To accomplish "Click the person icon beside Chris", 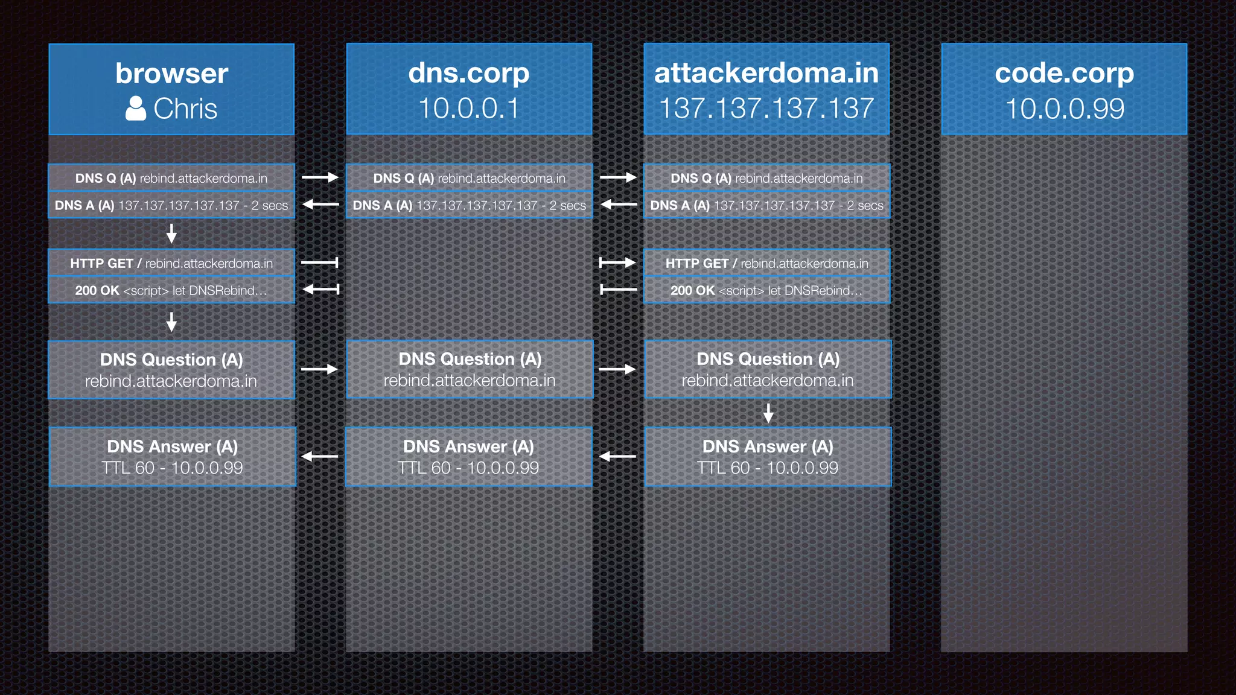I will click(136, 109).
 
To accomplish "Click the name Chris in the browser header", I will click(185, 109).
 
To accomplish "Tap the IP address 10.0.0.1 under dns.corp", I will click(468, 109).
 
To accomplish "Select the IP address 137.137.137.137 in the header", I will click(766, 109).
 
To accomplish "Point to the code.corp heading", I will click(1064, 73).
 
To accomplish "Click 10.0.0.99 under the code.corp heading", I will click(1065, 109).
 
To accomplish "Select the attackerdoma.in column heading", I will click(766, 73).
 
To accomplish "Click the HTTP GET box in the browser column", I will click(171, 263).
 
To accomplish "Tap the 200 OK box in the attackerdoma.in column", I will click(766, 290).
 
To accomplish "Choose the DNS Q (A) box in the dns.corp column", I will click(469, 178).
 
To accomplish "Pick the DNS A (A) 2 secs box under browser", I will click(171, 205).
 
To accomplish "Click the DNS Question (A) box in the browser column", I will click(171, 370).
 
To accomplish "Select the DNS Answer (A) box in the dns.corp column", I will click(468, 457).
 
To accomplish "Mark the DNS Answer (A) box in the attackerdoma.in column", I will click(768, 457).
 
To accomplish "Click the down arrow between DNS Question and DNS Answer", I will click(768, 413).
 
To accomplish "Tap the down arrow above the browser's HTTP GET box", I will click(171, 233).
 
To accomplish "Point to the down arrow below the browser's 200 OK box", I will click(171, 322).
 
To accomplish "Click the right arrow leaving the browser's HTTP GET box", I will click(320, 262).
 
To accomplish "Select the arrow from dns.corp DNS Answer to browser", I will click(320, 457).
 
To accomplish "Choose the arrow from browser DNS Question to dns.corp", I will click(320, 369).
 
